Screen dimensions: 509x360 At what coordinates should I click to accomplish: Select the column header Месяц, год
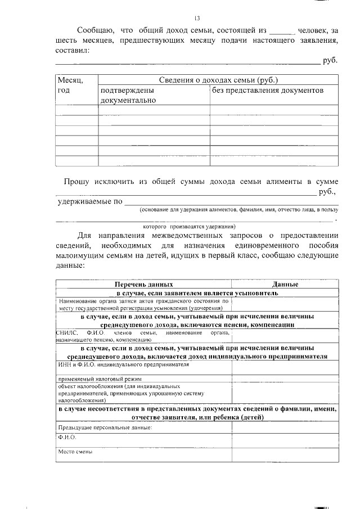tap(70, 85)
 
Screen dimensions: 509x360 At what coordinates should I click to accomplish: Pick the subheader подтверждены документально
tap(128, 95)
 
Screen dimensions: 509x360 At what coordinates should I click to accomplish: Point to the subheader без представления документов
tap(268, 90)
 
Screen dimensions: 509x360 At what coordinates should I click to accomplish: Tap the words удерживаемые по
tap(90, 202)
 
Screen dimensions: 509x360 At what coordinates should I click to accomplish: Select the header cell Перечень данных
tap(144, 285)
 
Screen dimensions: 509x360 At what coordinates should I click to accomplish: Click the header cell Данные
tap(285, 285)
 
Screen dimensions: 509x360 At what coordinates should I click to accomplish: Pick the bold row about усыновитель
tap(197, 293)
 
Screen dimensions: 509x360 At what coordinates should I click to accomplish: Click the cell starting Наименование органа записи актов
tap(143, 304)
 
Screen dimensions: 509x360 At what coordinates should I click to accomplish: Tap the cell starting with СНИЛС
tap(143, 337)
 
